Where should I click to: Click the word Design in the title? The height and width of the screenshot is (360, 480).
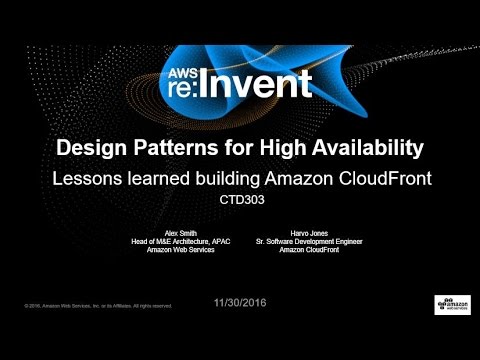coord(91,149)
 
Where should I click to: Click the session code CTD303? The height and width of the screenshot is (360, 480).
coord(240,199)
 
